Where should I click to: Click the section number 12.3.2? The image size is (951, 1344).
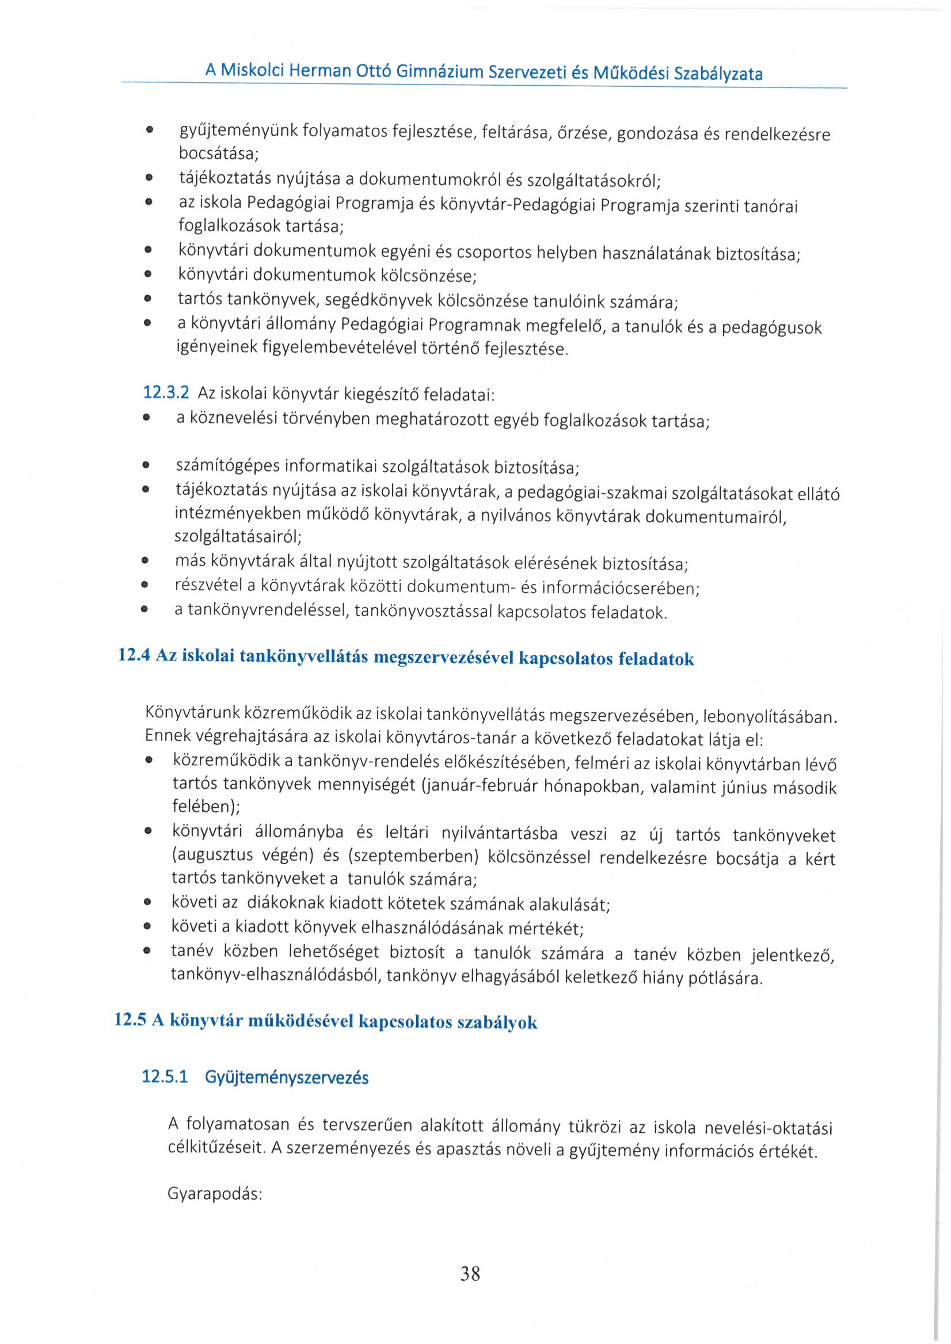click(166, 392)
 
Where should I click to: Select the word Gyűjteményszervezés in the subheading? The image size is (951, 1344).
click(286, 1078)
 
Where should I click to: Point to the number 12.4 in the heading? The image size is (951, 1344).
click(134, 654)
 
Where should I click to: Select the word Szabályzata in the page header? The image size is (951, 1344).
click(718, 74)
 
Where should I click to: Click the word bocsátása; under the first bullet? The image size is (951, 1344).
click(218, 154)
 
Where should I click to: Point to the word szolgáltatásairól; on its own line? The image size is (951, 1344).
click(238, 536)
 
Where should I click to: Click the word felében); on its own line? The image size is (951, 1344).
click(206, 806)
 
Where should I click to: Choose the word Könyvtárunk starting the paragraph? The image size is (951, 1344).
click(193, 712)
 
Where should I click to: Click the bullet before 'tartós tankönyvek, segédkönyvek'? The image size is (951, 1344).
click(147, 299)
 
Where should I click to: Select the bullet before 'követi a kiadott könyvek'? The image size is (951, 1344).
click(147, 927)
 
